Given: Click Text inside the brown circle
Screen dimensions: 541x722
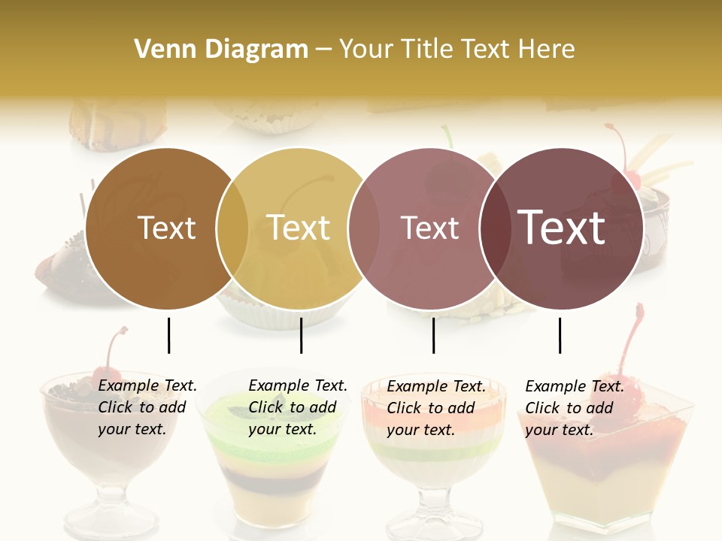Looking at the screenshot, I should click(166, 228).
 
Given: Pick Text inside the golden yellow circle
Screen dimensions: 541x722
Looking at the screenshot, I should click(298, 228).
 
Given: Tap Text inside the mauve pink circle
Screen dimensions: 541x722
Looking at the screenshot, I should click(429, 228).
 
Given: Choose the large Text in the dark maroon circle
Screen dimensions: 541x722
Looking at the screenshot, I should click(562, 228).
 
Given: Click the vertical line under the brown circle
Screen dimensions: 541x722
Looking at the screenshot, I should click(168, 335).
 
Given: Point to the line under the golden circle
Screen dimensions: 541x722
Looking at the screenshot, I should click(301, 335).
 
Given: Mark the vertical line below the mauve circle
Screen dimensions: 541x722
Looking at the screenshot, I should click(433, 335).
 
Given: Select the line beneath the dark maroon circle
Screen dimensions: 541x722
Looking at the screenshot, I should click(560, 335).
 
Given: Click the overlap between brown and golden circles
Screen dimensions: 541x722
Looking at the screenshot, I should click(232, 228).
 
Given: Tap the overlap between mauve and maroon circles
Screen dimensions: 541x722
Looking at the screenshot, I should click(496, 228).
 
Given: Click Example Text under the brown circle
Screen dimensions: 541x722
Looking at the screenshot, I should click(147, 385).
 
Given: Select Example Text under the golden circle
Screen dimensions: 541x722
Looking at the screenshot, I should click(298, 385).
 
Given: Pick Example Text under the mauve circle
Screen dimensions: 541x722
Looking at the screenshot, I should click(436, 386).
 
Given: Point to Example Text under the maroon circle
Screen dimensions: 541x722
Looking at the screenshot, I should click(575, 386).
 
